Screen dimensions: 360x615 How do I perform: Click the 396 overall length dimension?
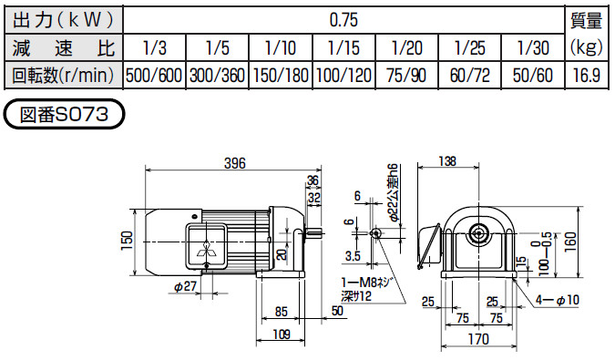pos(237,164)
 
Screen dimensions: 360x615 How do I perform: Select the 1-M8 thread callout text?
pos(364,284)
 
